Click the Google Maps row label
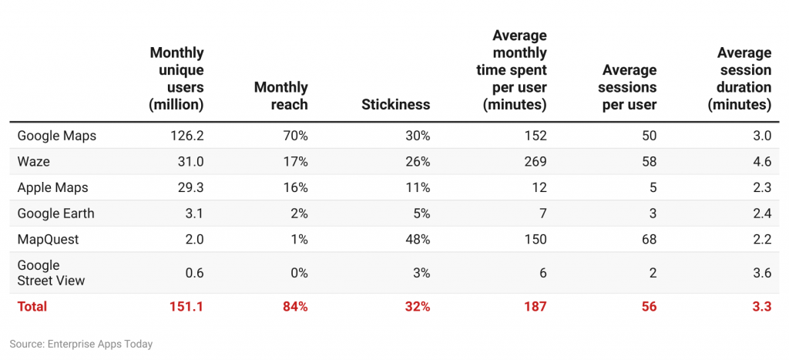click(x=56, y=136)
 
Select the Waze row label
click(x=33, y=162)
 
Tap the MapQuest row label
click(x=48, y=239)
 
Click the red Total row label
click(x=32, y=306)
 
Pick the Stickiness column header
click(x=395, y=105)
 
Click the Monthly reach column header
click(x=280, y=96)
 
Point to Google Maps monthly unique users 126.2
click(x=186, y=136)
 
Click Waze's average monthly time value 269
click(x=535, y=162)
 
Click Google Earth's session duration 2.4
click(x=761, y=214)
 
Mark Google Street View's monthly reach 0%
click(x=297, y=273)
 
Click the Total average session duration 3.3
click(x=761, y=306)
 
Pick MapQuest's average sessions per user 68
click(x=648, y=239)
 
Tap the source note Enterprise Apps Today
click(x=81, y=344)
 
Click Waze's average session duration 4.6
click(x=761, y=162)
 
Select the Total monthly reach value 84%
click(x=294, y=306)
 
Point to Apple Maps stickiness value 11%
click(x=418, y=187)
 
